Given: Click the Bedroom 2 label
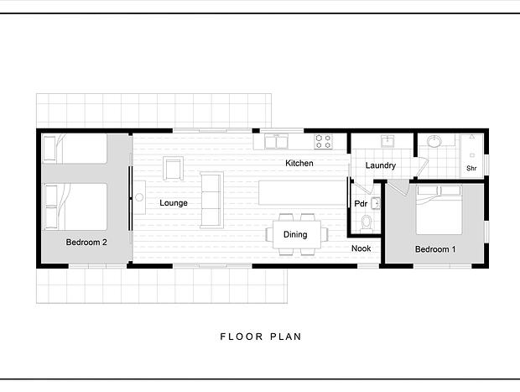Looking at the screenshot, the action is [x=86, y=243].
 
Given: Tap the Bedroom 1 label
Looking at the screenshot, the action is [x=435, y=249].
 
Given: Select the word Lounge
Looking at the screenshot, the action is [x=174, y=203].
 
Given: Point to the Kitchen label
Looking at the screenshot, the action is [x=299, y=164].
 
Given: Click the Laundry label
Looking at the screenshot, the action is [x=381, y=165].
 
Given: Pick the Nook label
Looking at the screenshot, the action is [x=361, y=248].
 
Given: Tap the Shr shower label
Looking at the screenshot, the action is [x=471, y=168].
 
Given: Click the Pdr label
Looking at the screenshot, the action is [x=361, y=203].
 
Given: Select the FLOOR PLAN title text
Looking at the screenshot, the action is [x=261, y=337].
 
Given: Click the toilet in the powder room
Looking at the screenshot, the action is [x=367, y=222].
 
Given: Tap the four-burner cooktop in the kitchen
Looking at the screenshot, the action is [x=324, y=141].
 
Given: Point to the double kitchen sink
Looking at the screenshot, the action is [x=276, y=142].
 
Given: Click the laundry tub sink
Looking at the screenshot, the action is [x=387, y=141].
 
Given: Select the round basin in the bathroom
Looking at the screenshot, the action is [x=434, y=141].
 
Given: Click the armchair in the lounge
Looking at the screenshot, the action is [x=173, y=168].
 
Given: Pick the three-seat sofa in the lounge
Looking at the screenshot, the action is [x=211, y=200].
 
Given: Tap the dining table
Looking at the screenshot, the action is [x=297, y=235].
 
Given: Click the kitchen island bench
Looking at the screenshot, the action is [x=302, y=193].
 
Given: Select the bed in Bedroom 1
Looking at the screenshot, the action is [x=439, y=210].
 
